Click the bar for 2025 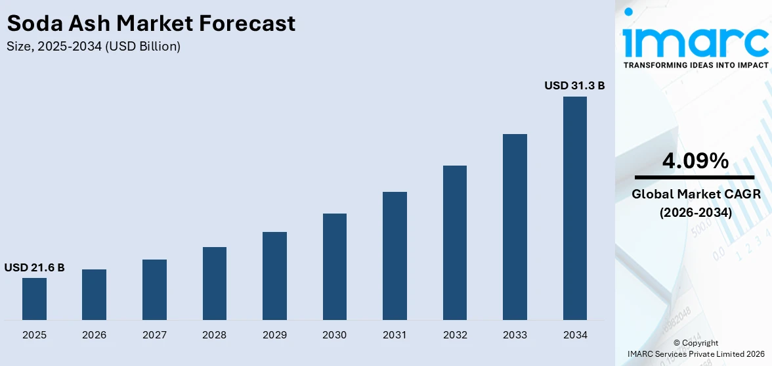[x=34, y=299]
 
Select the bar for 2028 [x=215, y=283]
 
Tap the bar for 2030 [x=335, y=267]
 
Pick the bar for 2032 [x=455, y=242]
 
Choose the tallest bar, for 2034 [x=575, y=208]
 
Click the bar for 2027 [x=154, y=290]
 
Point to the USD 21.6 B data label [x=34, y=267]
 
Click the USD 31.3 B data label [x=574, y=85]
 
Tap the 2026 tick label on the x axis [x=95, y=335]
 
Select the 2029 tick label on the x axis [x=274, y=335]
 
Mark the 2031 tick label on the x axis [x=395, y=335]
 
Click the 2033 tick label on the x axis [x=515, y=335]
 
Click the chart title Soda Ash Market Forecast [x=151, y=24]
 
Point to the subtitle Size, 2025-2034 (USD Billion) [x=93, y=46]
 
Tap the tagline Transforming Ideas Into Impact [x=695, y=65]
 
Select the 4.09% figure [x=695, y=160]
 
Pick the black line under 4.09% [x=695, y=177]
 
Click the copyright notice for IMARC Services [x=695, y=348]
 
